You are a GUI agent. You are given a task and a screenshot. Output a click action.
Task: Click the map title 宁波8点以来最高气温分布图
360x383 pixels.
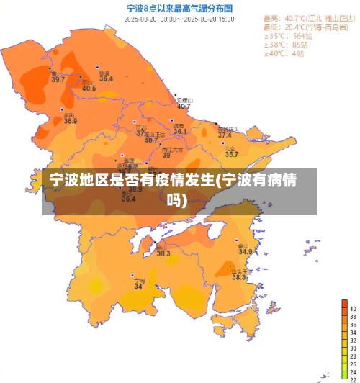pyautogui.click(x=179, y=9)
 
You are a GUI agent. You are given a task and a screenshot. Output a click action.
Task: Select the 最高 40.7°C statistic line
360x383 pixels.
pyautogui.click(x=302, y=17)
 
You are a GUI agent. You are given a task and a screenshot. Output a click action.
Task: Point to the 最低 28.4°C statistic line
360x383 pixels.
pyautogui.click(x=302, y=27)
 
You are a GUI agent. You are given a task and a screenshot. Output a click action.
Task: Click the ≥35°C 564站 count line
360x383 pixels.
pyautogui.click(x=288, y=35)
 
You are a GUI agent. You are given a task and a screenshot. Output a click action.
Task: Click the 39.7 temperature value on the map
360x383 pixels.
pyautogui.click(x=58, y=79)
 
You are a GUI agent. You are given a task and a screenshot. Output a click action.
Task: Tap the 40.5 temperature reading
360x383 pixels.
pyautogui.click(x=89, y=89)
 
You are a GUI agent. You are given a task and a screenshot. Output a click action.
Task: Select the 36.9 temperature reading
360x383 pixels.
pyautogui.click(x=70, y=121)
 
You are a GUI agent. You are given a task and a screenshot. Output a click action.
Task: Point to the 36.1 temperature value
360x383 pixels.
pyautogui.click(x=179, y=132)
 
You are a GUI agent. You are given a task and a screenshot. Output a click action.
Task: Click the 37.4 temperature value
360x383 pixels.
pyautogui.click(x=225, y=135)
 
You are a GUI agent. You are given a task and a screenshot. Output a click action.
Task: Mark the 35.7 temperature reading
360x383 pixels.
pyautogui.click(x=231, y=154)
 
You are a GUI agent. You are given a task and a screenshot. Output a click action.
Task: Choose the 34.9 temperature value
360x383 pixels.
pyautogui.click(x=246, y=252)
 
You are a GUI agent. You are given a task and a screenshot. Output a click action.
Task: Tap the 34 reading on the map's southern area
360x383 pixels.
pyautogui.click(x=138, y=287)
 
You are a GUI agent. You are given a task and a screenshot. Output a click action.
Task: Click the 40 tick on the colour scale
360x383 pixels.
pyautogui.click(x=352, y=307)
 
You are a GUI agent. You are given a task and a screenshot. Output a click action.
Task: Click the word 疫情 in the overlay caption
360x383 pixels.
pyautogui.click(x=151, y=179)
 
